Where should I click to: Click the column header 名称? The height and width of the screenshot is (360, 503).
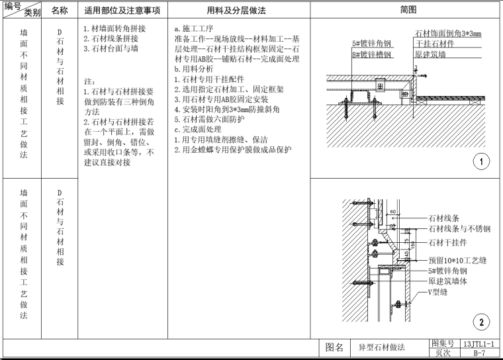pyautogui.click(x=60, y=11)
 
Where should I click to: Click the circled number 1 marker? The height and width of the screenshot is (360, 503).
pyautogui.click(x=480, y=161)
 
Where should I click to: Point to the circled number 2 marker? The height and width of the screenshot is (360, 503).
pyautogui.click(x=480, y=322)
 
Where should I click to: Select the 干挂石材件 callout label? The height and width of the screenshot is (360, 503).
pyautogui.click(x=435, y=44)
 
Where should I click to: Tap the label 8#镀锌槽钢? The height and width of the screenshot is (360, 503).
pyautogui.click(x=371, y=54)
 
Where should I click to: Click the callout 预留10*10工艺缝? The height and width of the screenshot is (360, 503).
pyautogui.click(x=457, y=260)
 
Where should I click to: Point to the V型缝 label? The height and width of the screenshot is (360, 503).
pyautogui.click(x=439, y=292)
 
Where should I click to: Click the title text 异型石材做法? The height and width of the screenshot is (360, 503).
pyautogui.click(x=381, y=347)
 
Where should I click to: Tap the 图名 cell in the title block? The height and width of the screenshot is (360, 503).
pyautogui.click(x=335, y=347)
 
